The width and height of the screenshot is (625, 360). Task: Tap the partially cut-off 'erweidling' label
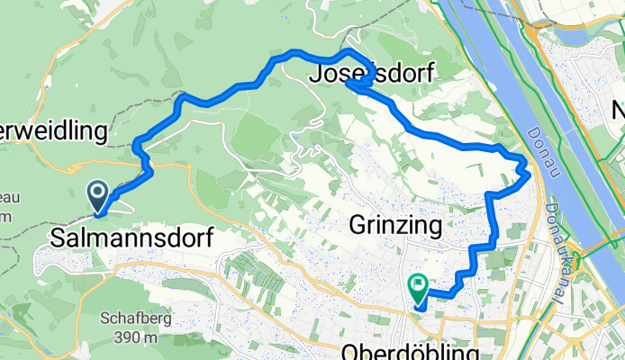pyautogui.click(x=54, y=131)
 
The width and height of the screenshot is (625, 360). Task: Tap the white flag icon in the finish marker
pyautogui.click(x=419, y=286)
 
